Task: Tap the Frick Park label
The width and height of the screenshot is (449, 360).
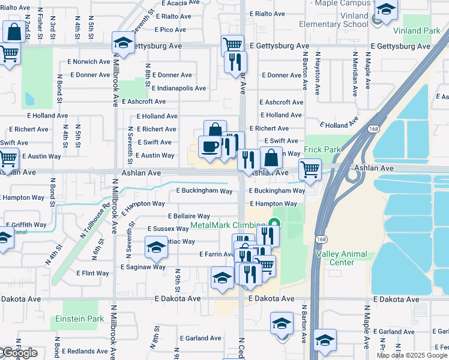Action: (323, 150)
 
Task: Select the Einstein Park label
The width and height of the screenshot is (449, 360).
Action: (83, 319)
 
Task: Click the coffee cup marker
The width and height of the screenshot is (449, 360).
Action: (209, 148)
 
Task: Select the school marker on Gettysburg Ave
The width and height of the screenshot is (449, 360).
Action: (123, 44)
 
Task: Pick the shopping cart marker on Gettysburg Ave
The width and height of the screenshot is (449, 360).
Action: (232, 45)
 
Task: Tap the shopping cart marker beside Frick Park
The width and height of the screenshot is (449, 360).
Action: (309, 169)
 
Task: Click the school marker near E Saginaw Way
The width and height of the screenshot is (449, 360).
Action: (156, 247)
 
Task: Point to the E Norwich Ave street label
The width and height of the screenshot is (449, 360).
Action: (90, 61)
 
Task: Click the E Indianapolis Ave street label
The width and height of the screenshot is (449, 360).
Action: (179, 88)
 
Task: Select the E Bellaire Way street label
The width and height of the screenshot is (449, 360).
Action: (188, 216)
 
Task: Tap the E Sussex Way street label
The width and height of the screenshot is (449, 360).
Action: (168, 229)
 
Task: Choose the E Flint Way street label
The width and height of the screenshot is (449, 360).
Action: (92, 273)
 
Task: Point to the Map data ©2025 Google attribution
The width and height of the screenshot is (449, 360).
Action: (411, 355)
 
